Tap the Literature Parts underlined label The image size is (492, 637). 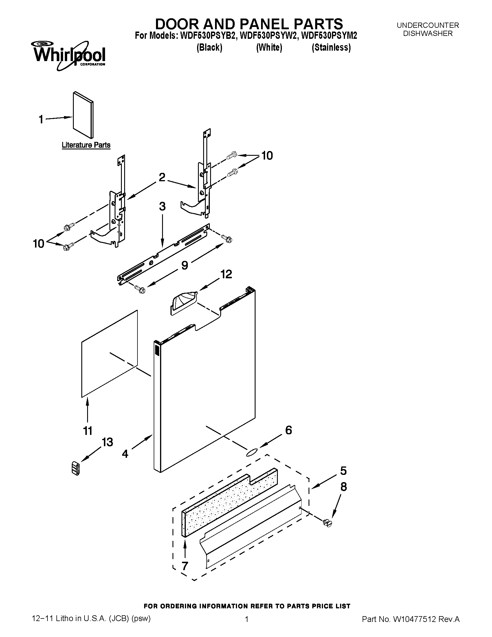click(x=86, y=145)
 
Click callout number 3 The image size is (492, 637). click(x=162, y=206)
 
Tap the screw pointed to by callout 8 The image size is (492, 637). click(x=328, y=523)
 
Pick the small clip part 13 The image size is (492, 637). click(x=76, y=468)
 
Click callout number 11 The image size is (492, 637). click(x=88, y=431)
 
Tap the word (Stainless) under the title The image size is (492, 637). click(x=331, y=47)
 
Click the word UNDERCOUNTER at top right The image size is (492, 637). click(x=427, y=25)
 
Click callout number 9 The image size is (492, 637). click(x=185, y=265)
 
